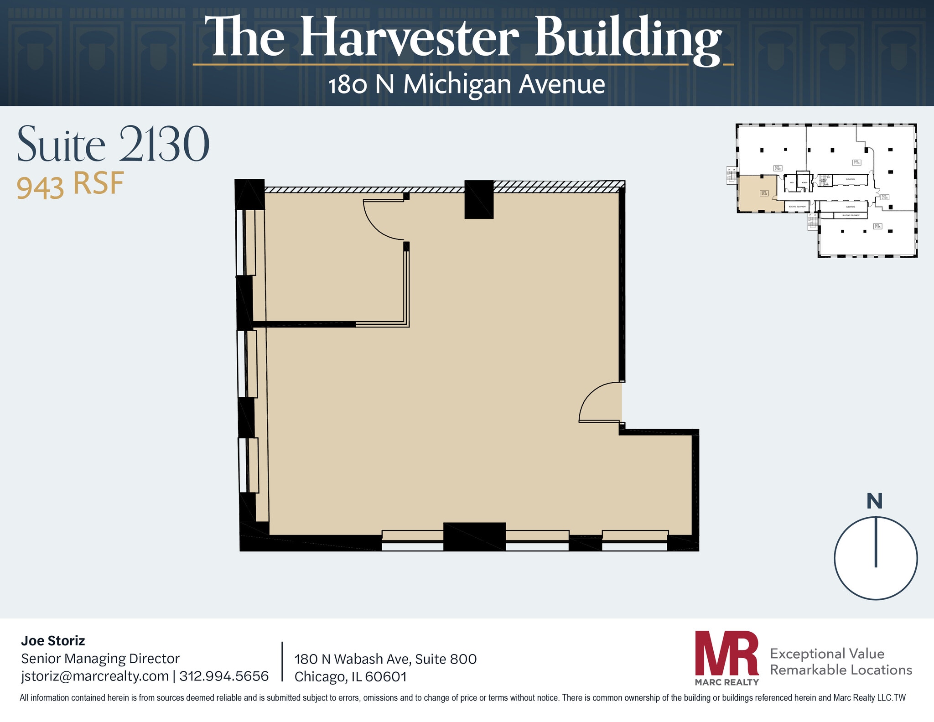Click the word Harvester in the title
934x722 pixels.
(409, 37)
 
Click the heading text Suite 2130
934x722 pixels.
(113, 145)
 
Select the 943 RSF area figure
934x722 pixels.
(70, 185)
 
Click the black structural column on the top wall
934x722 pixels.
(479, 199)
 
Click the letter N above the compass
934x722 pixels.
(874, 501)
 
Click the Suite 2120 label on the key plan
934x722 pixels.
(778, 168)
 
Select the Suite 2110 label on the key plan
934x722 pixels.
(856, 162)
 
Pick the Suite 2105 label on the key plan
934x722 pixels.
(877, 226)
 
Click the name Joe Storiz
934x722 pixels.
(53, 641)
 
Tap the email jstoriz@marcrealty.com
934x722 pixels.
(95, 676)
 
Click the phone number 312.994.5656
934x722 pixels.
(224, 676)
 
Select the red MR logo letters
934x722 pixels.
(726, 653)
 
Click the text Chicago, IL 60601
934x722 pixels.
(350, 676)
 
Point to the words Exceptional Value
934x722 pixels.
(827, 654)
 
